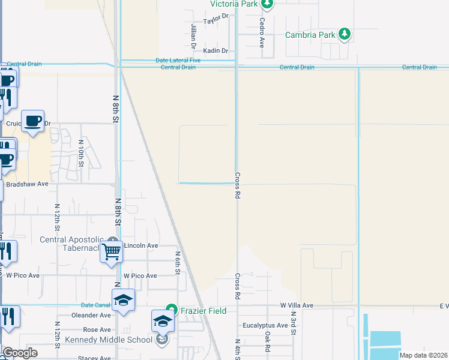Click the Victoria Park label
[x=233, y=4]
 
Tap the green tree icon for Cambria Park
[x=345, y=34]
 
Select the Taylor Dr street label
[x=216, y=20]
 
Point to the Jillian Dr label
[x=193, y=36]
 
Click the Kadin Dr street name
[x=215, y=52]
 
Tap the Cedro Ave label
[x=262, y=32]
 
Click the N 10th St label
[x=81, y=152]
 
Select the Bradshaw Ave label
[x=27, y=184]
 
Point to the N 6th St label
[x=178, y=263]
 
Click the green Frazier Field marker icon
[x=171, y=310]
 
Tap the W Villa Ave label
[x=297, y=305]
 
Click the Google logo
[x=21, y=353]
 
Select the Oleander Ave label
[x=91, y=315]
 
